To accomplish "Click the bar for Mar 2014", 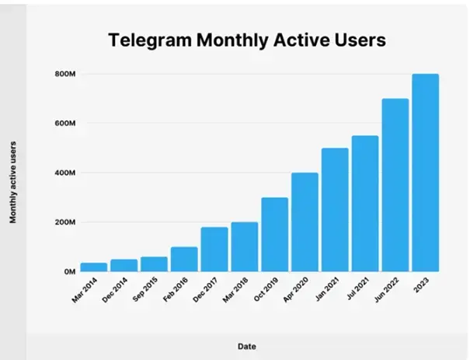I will click(93, 267).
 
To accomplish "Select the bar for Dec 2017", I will click(214, 249).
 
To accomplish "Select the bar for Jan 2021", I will click(335, 209).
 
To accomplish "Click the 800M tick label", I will click(62, 75).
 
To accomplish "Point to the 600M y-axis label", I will click(62, 124).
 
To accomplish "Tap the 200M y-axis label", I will click(62, 222).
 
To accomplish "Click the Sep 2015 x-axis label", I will click(144, 290).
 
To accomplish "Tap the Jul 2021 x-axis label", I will click(356, 290).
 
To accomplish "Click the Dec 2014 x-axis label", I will click(114, 290).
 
